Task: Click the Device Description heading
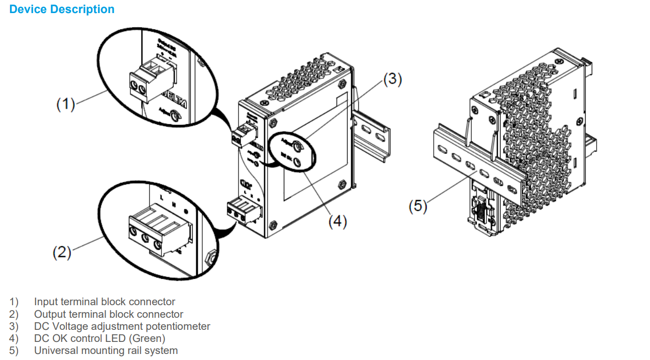coord(62,10)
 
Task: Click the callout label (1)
coord(65,104)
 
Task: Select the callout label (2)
coord(62,252)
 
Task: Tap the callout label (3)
coord(392,79)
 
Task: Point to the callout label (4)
coord(338,222)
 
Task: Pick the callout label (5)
coord(418,207)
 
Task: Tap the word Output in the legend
coord(50,314)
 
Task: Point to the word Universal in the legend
coord(54,350)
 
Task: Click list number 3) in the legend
coord(14,326)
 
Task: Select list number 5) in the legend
coord(14,350)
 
